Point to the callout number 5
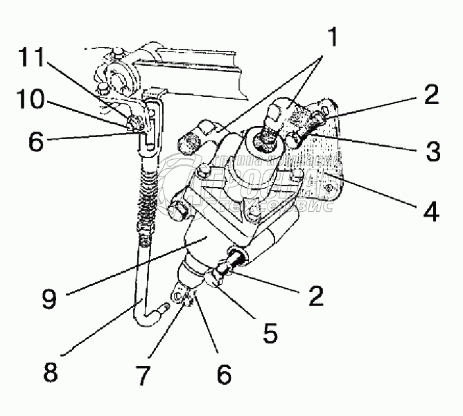click(x=270, y=333)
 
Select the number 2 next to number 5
click(x=316, y=297)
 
